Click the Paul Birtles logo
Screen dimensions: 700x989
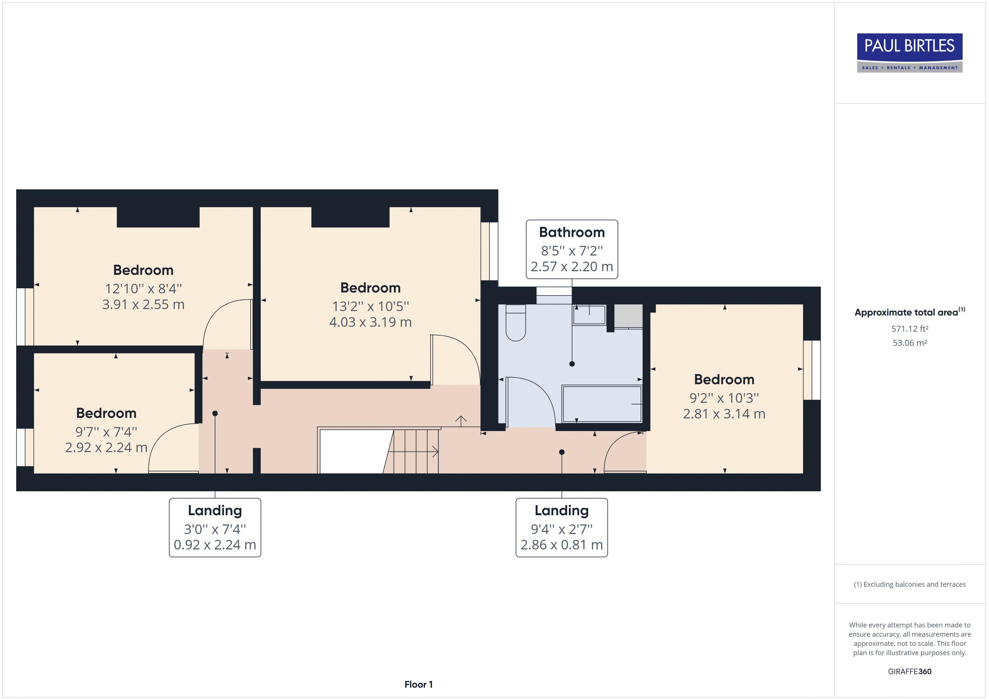click(909, 53)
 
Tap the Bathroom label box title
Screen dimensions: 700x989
click(572, 232)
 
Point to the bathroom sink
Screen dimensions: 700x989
click(589, 315)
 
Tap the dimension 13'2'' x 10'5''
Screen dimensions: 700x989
click(370, 306)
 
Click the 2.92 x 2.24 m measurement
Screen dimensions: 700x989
click(106, 447)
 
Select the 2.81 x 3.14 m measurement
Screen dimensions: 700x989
click(724, 414)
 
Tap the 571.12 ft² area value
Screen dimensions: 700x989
click(909, 329)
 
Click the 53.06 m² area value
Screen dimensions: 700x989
click(909, 343)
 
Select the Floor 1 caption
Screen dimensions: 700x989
click(418, 685)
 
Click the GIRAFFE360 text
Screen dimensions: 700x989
click(909, 672)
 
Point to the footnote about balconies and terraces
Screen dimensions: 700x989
click(909, 584)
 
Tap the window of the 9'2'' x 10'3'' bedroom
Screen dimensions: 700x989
click(812, 370)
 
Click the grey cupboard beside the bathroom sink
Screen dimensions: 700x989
click(628, 316)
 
